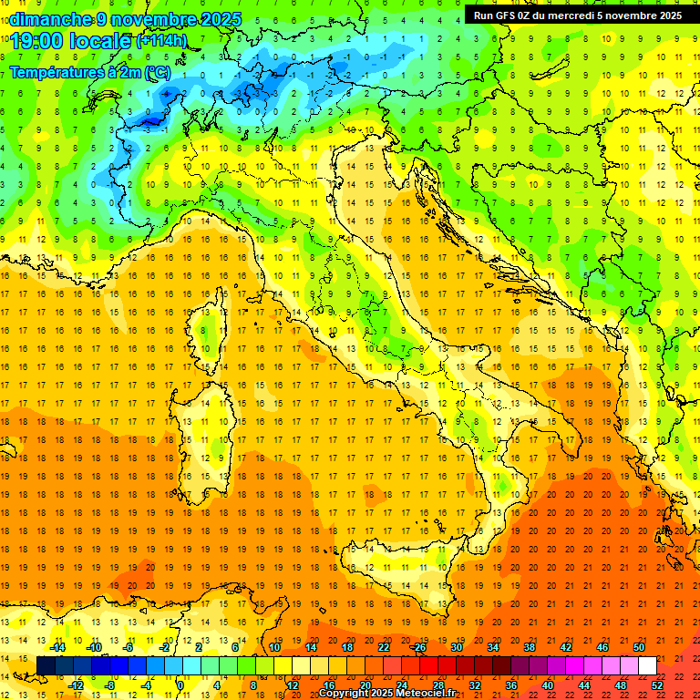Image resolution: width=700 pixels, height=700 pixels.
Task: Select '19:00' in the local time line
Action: pos(36,40)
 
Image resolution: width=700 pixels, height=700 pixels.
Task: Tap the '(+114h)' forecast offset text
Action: pos(162,40)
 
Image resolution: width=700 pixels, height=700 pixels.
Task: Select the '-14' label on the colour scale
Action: pos(58,647)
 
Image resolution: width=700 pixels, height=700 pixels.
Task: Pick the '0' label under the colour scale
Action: pos(180,685)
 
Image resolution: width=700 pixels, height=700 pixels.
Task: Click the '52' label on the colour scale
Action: pos(657,685)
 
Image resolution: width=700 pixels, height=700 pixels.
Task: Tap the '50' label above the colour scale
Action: pos(638,647)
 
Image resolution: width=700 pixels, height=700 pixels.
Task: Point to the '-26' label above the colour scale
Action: pos(417,647)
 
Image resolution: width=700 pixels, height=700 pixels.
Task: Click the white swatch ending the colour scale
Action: pos(647,665)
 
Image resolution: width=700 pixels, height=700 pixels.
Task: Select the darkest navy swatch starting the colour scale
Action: pos(46,665)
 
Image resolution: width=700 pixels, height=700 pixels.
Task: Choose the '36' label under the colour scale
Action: pos(511,685)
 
